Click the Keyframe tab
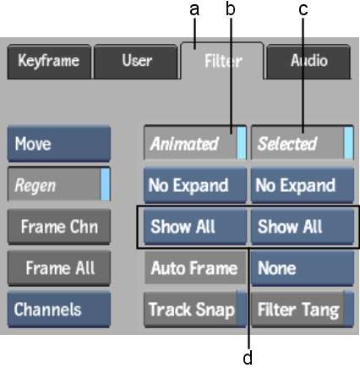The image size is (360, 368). point(49,62)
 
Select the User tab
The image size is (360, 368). point(136,62)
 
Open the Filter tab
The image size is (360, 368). point(222,61)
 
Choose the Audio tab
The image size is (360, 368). point(308,62)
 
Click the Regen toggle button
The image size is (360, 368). point(59,184)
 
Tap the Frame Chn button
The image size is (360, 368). point(59,227)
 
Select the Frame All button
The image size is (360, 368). point(59,268)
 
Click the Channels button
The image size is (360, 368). point(59,310)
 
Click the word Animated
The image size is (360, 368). point(184,144)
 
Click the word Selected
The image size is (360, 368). point(287,144)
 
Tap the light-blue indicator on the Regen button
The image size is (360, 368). point(105,184)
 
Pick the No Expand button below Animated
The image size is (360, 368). point(195,185)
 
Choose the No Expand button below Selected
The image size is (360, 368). point(303,185)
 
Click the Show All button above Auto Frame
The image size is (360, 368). point(195,227)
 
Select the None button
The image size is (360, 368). point(303,268)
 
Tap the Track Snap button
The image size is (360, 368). point(195,310)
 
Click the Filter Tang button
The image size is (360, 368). point(303,310)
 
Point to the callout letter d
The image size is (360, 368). point(248,358)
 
